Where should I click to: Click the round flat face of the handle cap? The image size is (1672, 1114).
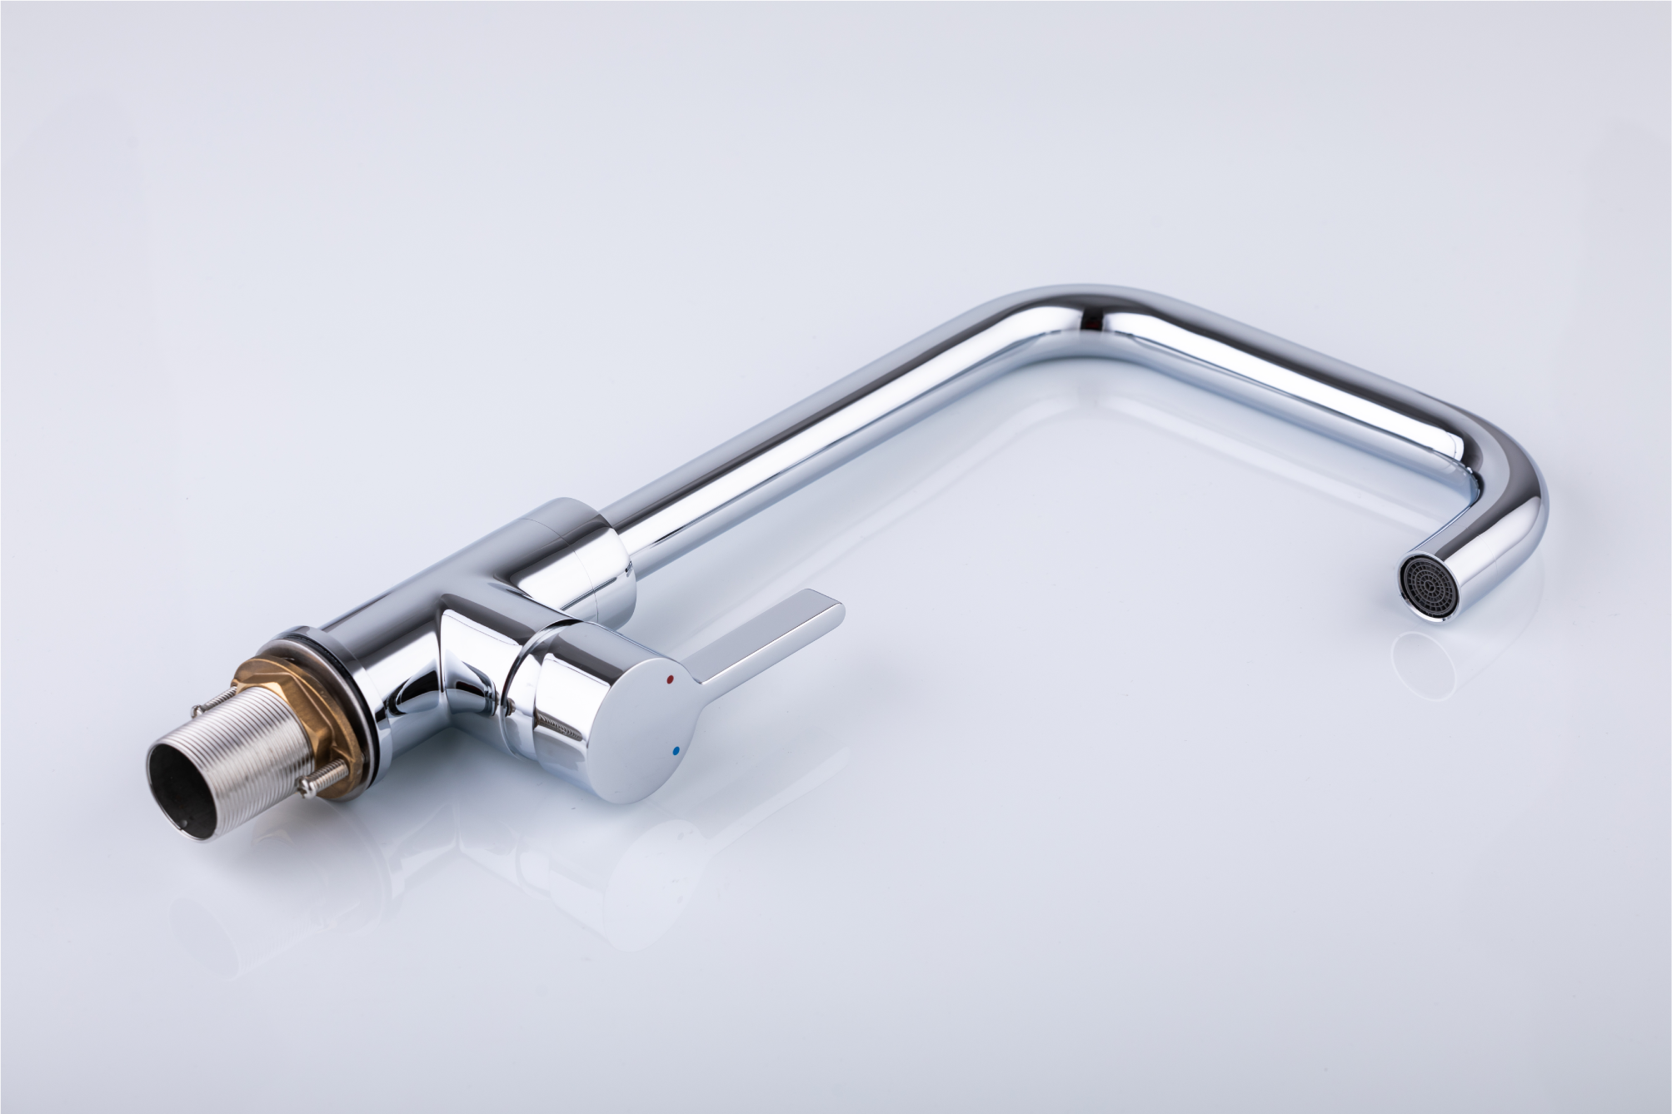pos(646,724)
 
